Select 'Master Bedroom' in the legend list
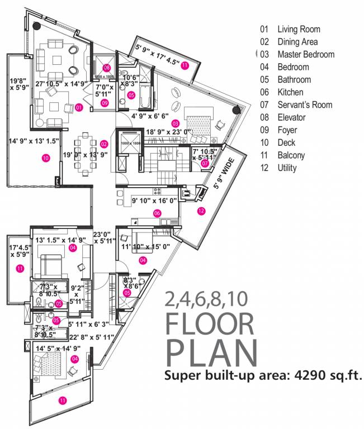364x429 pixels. (x=305, y=54)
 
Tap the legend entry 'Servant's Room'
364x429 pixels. (x=304, y=104)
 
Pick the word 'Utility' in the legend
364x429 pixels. (x=287, y=168)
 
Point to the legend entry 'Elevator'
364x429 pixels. (x=291, y=117)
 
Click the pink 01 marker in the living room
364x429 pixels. (x=79, y=107)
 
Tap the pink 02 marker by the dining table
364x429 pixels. (x=103, y=144)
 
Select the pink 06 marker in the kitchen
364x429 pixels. (x=157, y=212)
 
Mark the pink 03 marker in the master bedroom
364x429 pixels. (x=175, y=123)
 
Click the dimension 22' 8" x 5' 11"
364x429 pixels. (x=91, y=336)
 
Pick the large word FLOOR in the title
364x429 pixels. (x=210, y=326)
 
